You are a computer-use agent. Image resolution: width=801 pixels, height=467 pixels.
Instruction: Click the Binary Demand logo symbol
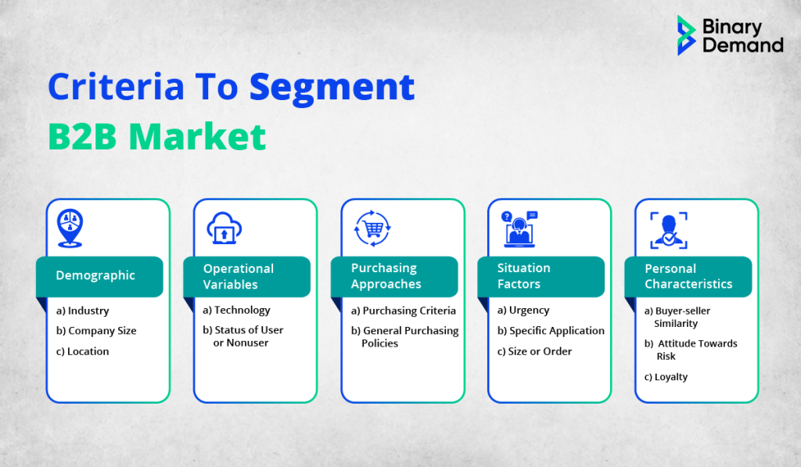point(686,35)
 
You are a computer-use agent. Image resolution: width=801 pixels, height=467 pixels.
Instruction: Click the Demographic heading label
point(95,275)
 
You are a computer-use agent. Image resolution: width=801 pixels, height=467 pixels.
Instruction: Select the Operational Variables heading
point(239,276)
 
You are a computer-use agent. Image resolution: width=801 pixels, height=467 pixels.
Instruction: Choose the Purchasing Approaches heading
point(386,276)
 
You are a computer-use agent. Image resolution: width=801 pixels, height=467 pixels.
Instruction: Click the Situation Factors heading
point(523,276)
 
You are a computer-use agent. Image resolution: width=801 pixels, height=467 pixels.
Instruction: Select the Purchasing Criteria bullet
point(403,311)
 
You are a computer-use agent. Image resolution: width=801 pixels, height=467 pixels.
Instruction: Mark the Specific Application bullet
point(551,331)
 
